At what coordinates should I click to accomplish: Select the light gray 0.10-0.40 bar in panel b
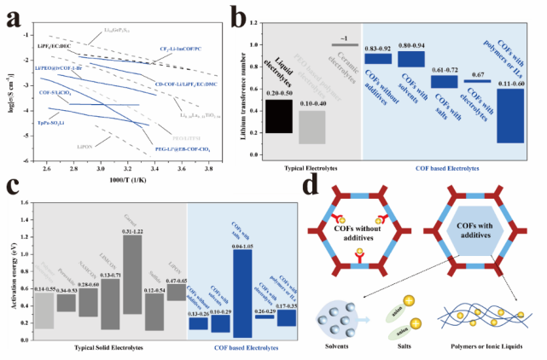[313, 126]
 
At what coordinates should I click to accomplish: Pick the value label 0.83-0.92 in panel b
[378, 49]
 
